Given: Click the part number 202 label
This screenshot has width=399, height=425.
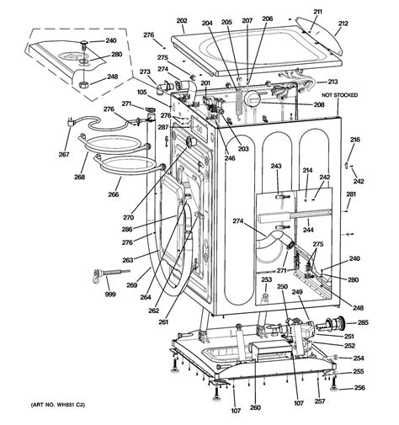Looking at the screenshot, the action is point(182,21).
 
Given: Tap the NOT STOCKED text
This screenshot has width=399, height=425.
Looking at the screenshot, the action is point(339,95).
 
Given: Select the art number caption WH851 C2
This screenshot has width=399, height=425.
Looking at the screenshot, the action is point(57,405).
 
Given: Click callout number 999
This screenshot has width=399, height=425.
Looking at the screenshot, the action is point(110,295).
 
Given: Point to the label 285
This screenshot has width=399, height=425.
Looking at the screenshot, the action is point(363,322).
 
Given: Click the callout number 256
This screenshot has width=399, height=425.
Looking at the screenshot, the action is point(359,388).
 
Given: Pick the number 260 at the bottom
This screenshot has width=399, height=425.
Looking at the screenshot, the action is point(255,407).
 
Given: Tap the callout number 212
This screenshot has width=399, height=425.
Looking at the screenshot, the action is point(343,24).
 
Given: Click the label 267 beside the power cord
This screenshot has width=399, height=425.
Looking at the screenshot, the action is point(64,154).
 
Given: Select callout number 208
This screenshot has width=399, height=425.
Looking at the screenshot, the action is point(319,104).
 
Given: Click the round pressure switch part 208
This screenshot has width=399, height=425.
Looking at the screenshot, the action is point(252,99).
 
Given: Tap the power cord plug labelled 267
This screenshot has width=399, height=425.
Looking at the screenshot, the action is point(69,122).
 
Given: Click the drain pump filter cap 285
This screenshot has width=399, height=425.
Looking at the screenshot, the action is point(331,324).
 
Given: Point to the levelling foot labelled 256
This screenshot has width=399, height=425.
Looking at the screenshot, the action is point(333,384).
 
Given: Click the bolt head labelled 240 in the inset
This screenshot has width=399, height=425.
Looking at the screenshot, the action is point(84,42).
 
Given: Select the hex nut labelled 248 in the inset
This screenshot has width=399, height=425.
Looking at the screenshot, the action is point(83,84).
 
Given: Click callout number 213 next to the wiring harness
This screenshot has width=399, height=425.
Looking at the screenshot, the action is point(332,82).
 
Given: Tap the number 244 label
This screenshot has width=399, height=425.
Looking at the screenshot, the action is point(308,230).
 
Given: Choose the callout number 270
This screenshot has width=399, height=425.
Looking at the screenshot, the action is point(128,217).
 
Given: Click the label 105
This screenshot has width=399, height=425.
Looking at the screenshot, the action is point(142,92).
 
